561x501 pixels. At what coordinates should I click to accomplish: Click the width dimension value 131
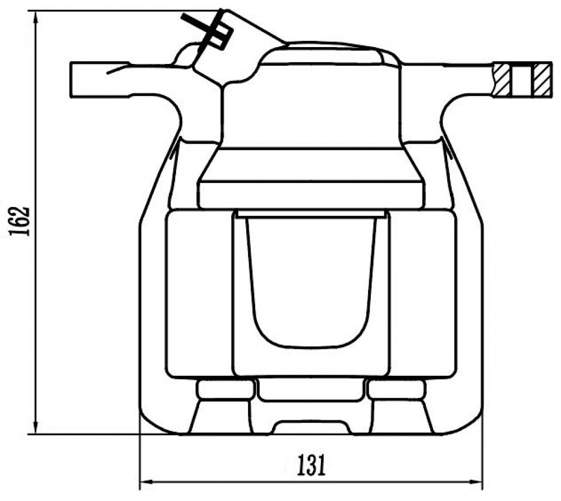tap(311, 465)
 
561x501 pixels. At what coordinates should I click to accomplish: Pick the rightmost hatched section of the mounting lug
tap(541, 80)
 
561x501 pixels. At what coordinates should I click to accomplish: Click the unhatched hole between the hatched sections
tap(522, 80)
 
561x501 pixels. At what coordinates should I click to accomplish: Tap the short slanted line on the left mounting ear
tap(118, 68)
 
